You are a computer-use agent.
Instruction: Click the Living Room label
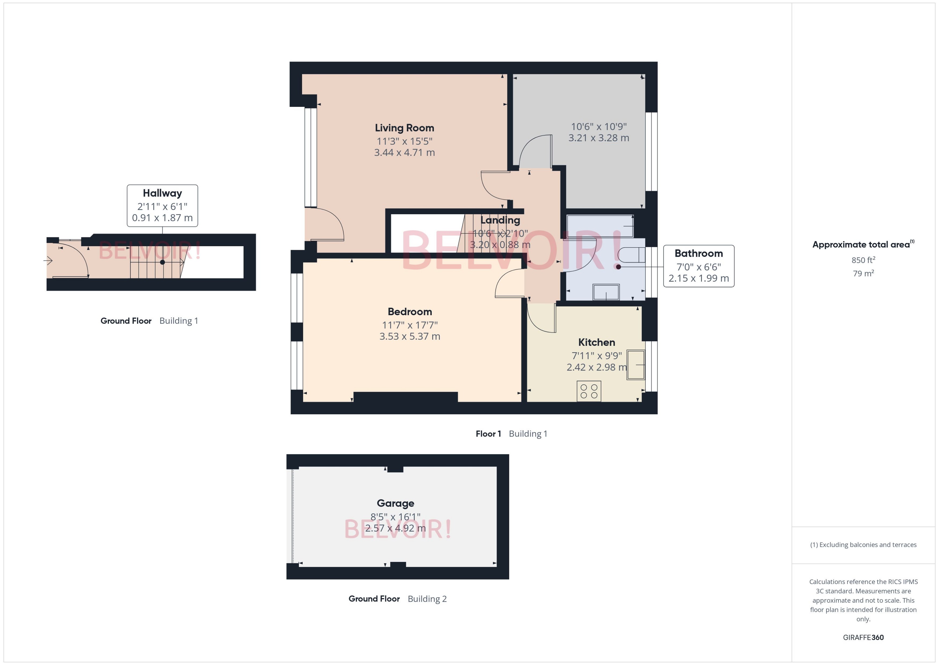(x=404, y=128)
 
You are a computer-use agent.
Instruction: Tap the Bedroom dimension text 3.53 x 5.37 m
(x=410, y=336)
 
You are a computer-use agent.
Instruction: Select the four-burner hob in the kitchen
(x=589, y=391)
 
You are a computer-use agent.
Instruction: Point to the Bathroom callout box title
(x=698, y=253)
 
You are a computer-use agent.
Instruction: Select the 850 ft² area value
(x=863, y=260)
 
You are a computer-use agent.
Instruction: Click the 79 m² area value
(x=863, y=273)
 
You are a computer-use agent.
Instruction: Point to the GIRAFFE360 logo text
(x=863, y=637)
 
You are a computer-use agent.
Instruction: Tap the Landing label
(x=500, y=220)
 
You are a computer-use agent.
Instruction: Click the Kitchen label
(x=596, y=342)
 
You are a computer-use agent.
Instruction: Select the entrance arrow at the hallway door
(x=48, y=260)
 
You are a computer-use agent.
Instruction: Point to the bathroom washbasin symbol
(x=606, y=292)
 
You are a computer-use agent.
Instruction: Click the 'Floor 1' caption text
(x=488, y=434)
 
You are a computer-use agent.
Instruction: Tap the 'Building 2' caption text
(x=427, y=599)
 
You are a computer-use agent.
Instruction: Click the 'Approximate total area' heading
(x=861, y=245)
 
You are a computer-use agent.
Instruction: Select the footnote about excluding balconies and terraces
(x=863, y=545)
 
